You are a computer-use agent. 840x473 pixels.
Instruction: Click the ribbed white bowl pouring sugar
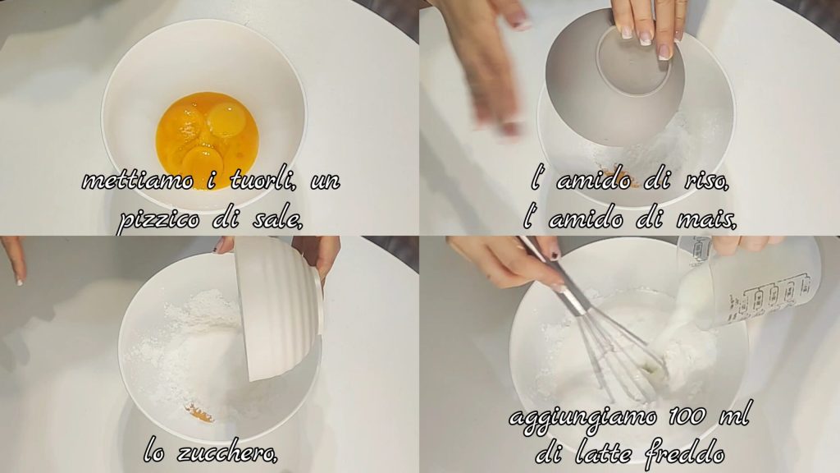[279, 308]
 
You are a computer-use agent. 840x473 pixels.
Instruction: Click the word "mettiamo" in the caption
[138, 181]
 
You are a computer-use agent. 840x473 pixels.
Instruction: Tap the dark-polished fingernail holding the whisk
[553, 253]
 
